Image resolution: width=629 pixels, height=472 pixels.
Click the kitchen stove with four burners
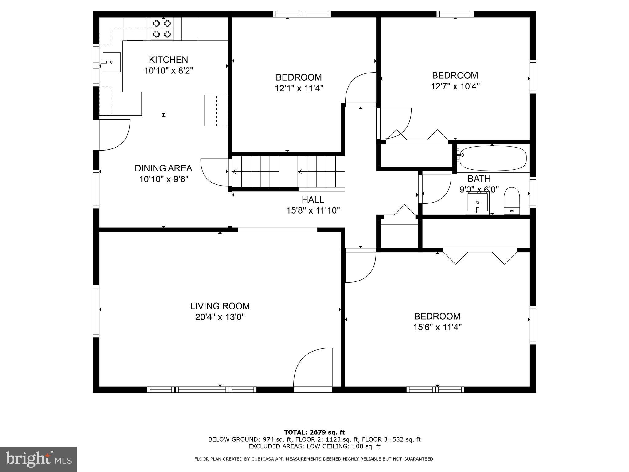(x=162, y=29)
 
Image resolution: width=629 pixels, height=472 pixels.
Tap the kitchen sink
(x=111, y=62)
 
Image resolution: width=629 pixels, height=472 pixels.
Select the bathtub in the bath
(x=493, y=158)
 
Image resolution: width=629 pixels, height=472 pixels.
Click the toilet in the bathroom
(x=512, y=201)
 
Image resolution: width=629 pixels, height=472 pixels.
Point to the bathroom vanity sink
(x=478, y=203)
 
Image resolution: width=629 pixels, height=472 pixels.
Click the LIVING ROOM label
(x=220, y=306)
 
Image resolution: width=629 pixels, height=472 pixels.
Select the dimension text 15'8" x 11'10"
(x=313, y=211)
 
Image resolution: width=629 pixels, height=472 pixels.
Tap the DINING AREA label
(x=163, y=168)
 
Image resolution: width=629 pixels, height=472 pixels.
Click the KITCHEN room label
(x=168, y=60)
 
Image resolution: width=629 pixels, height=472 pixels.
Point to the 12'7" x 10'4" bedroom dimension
(x=455, y=86)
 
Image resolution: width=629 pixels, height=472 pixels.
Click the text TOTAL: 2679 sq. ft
(x=314, y=433)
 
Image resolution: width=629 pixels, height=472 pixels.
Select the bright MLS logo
(x=38, y=459)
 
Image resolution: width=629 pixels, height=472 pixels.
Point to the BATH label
(x=479, y=179)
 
